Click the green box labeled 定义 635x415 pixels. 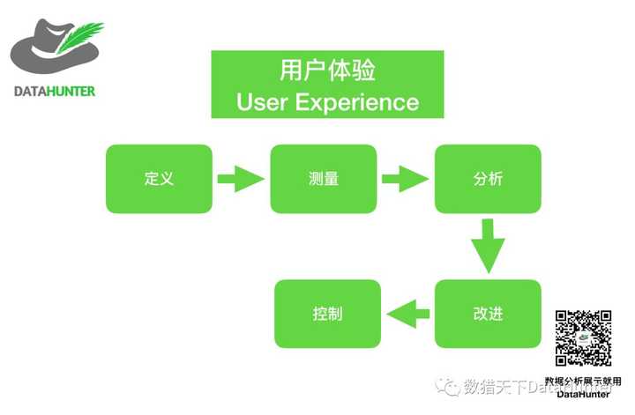[159, 179]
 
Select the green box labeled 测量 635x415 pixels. [323, 179]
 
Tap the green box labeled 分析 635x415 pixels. [488, 179]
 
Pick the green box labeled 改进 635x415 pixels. [488, 314]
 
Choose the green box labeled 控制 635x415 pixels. [327, 314]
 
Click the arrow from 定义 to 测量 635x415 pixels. [241, 180]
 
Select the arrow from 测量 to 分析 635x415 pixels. [405, 180]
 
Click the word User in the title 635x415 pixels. [262, 102]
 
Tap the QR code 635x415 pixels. [583, 337]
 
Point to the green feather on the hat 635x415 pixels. [82, 37]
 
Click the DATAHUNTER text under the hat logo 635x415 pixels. [55, 91]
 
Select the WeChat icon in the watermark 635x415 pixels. [451, 386]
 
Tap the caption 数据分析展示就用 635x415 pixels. [583, 381]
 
